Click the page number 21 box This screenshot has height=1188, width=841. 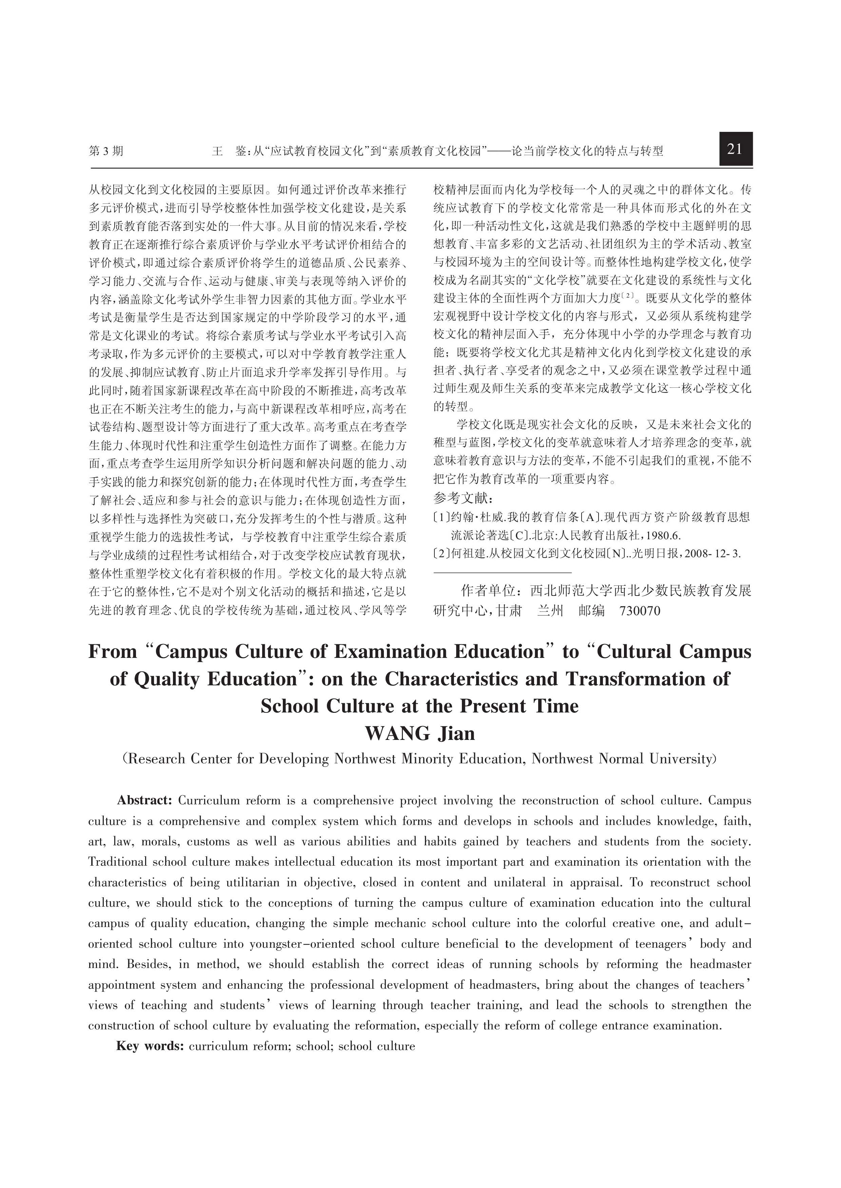[735, 149]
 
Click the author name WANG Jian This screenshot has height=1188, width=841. [419, 733]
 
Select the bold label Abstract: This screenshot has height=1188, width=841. [144, 800]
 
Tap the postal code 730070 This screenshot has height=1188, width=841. [640, 611]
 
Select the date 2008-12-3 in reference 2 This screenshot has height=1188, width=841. [712, 553]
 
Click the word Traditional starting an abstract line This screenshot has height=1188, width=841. [118, 862]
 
